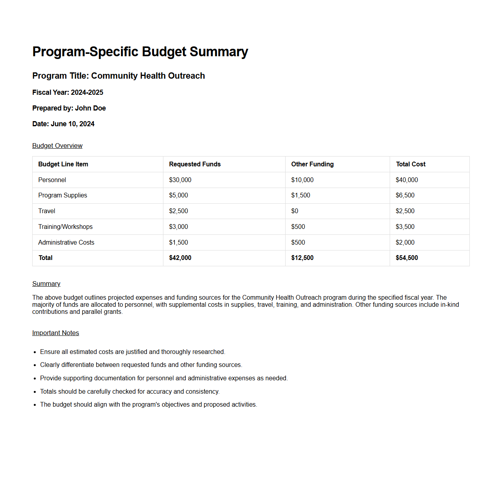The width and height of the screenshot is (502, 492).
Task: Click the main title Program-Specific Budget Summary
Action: click(x=140, y=52)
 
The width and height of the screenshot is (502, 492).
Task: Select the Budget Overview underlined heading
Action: click(x=57, y=146)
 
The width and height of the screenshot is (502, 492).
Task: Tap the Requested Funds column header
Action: click(x=195, y=164)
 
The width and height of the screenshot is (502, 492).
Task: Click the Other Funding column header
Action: click(x=312, y=164)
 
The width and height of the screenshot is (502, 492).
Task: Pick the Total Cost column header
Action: click(x=410, y=164)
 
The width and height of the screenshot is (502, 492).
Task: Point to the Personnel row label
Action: click(x=52, y=180)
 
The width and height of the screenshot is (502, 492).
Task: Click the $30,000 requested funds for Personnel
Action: click(x=180, y=180)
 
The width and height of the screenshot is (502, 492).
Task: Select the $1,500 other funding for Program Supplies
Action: click(x=300, y=195)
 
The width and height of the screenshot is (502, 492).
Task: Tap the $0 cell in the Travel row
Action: click(x=295, y=211)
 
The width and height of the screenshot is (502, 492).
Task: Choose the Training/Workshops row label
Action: click(x=66, y=227)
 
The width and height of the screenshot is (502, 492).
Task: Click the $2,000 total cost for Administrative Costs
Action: click(x=405, y=242)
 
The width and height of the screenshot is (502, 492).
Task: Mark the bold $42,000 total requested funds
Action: click(x=180, y=258)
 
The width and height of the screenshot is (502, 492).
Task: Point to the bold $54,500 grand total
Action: click(x=407, y=258)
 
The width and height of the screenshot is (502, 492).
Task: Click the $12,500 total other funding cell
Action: click(x=302, y=258)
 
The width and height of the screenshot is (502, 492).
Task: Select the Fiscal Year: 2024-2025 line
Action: click(x=68, y=92)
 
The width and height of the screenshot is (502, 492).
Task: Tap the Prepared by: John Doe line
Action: click(x=69, y=108)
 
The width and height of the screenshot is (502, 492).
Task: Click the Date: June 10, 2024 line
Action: click(x=63, y=124)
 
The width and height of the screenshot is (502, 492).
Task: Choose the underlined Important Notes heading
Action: click(x=55, y=333)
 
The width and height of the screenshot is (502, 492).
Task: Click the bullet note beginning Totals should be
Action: click(x=130, y=391)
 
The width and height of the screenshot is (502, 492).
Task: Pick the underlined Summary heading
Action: click(x=46, y=284)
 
